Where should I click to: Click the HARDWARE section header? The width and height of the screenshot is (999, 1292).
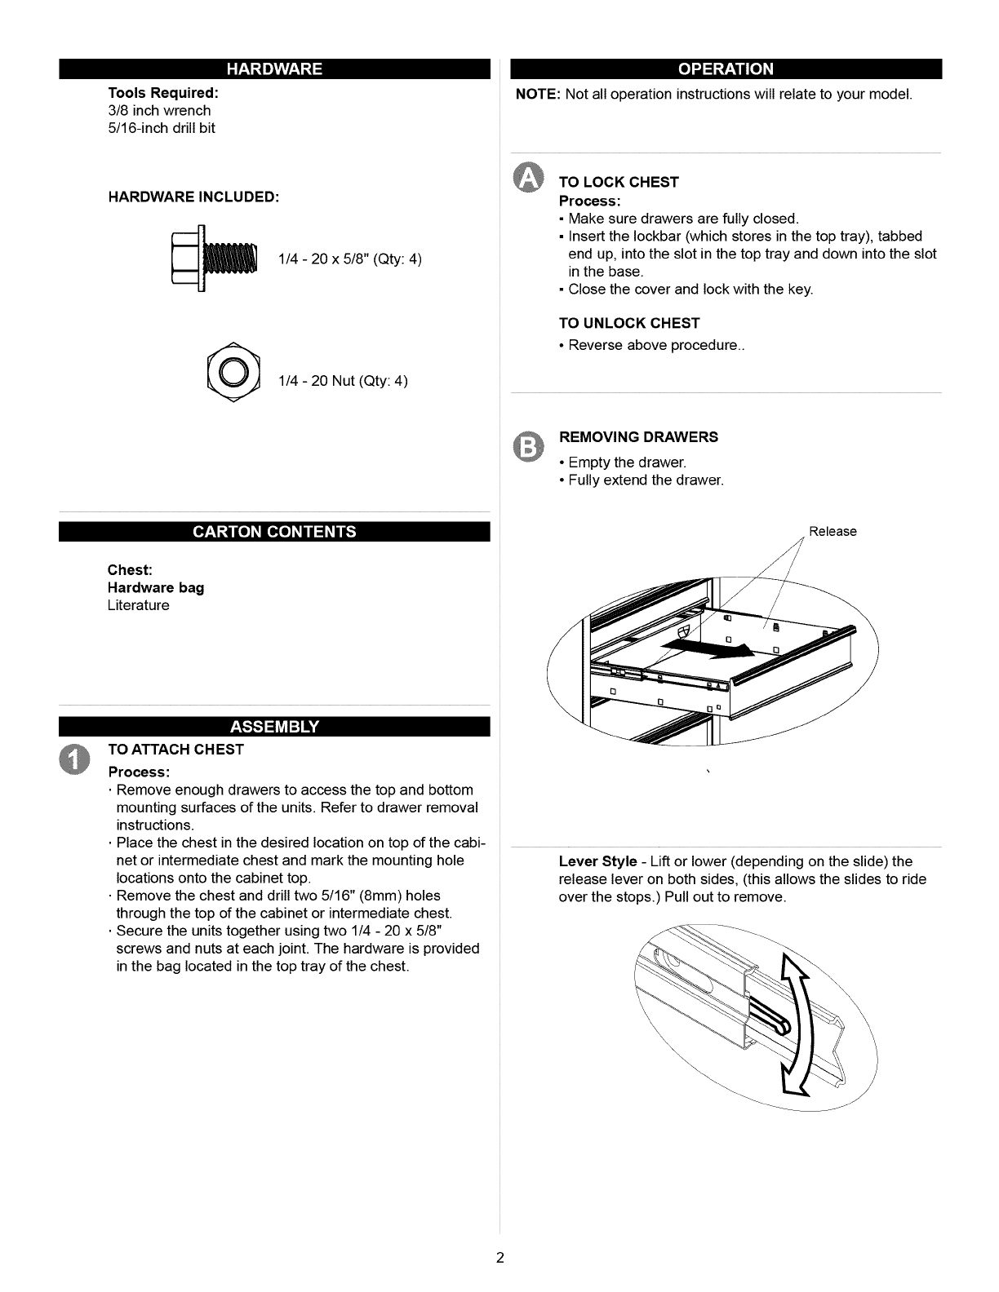[273, 69]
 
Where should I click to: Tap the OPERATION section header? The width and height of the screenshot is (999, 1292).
[726, 69]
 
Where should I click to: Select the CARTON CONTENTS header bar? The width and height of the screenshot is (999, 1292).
[273, 532]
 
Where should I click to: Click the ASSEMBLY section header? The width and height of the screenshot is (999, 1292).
[273, 727]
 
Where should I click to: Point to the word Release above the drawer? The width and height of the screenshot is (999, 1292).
[832, 532]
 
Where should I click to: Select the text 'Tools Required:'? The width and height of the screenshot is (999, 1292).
[163, 92]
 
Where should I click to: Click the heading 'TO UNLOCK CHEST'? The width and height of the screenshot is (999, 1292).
[629, 323]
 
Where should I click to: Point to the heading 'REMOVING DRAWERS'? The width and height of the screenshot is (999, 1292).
[639, 437]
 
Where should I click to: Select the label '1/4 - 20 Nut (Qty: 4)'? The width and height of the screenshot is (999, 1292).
[343, 381]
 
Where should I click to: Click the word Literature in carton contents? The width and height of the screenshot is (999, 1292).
[139, 605]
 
